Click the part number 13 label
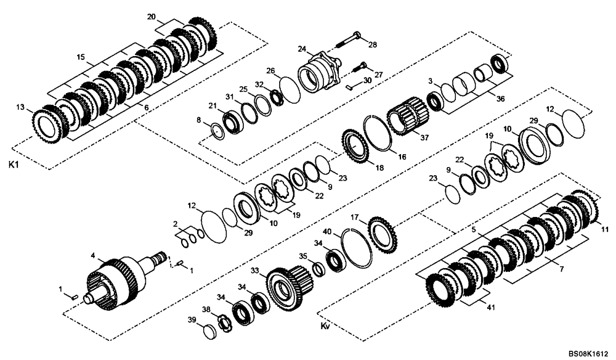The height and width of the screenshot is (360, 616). [x=21, y=108]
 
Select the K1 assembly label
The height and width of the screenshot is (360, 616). [x=13, y=165]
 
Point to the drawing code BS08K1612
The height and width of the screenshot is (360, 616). [x=587, y=353]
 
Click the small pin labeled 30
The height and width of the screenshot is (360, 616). [x=349, y=87]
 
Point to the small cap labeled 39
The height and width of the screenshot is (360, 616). [x=211, y=331]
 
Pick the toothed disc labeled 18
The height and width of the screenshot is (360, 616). [x=357, y=146]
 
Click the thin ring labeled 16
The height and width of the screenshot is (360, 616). [x=378, y=133]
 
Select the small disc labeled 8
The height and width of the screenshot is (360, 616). [x=217, y=131]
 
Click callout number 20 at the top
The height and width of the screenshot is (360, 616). [x=152, y=17]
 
